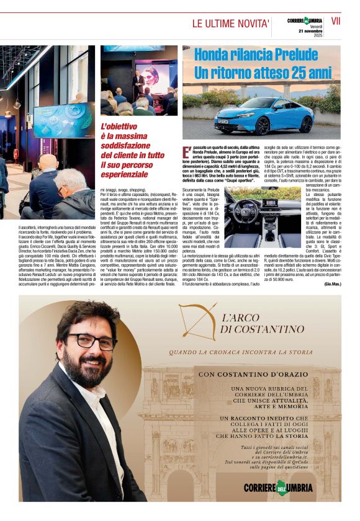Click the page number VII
tap(336, 21)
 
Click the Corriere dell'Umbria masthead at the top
tap(305, 20)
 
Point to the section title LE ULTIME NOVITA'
tap(230, 24)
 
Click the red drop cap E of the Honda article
tap(186, 152)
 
